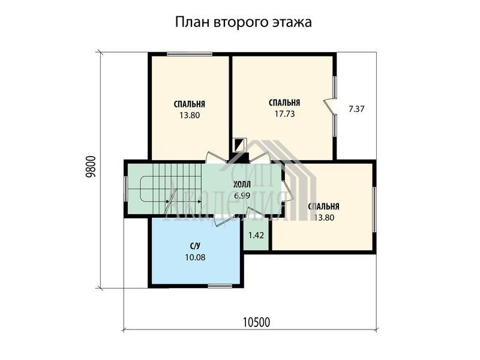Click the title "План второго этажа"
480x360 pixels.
(244, 22)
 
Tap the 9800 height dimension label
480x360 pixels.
(91, 167)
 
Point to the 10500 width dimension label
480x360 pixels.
(257, 322)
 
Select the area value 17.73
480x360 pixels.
(284, 114)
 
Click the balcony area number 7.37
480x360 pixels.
(356, 109)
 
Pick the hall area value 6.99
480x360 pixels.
(242, 196)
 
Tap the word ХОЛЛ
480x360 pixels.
(242, 184)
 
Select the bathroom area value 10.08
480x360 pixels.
(196, 257)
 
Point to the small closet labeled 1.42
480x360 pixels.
(256, 235)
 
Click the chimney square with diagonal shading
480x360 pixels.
(239, 145)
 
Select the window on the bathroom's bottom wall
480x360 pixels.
(220, 286)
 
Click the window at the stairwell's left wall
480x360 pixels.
(126, 188)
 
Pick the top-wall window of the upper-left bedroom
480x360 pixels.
(190, 54)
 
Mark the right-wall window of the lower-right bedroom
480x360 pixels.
(374, 209)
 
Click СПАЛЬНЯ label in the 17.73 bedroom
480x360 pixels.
(284, 103)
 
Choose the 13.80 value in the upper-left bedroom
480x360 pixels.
(190, 115)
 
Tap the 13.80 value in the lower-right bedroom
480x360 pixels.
(324, 218)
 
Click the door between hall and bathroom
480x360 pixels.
(220, 220)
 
